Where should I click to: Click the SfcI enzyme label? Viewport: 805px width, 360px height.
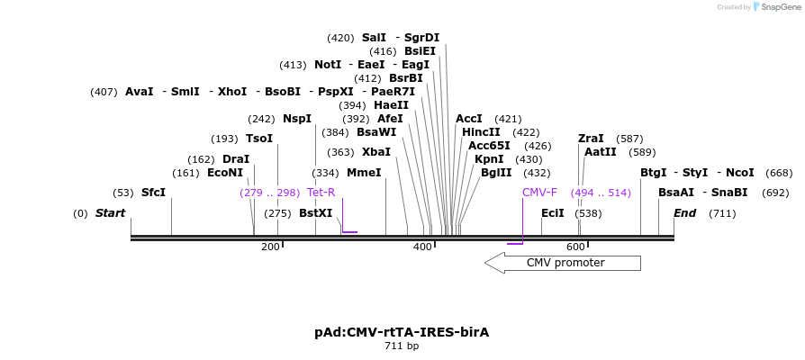[x=153, y=193]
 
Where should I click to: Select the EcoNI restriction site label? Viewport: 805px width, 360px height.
[x=225, y=173]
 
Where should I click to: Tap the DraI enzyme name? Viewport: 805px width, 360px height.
[x=236, y=159]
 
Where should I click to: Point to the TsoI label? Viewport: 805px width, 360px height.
[x=259, y=139]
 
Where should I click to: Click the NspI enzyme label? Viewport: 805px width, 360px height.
[x=297, y=119]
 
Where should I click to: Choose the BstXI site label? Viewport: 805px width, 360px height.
[x=315, y=213]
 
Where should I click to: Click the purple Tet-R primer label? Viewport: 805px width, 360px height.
[x=321, y=193]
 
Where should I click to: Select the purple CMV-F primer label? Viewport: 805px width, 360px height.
[x=539, y=193]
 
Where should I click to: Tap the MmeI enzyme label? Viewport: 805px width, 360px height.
[x=364, y=173]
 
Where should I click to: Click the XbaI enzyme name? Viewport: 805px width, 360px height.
[x=376, y=152]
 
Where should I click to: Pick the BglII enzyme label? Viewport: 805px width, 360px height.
[x=496, y=173]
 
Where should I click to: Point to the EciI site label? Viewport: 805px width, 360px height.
[x=553, y=213]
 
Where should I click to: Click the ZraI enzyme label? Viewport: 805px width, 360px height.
[x=591, y=139]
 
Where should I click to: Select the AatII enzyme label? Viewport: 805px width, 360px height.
[x=601, y=152]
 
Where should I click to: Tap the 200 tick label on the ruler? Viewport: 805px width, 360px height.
[x=270, y=247]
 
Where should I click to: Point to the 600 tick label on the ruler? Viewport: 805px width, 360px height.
[x=575, y=247]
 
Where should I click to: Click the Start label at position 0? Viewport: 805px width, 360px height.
[x=110, y=213]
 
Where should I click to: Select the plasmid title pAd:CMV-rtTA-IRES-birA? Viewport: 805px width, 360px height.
[x=402, y=332]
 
